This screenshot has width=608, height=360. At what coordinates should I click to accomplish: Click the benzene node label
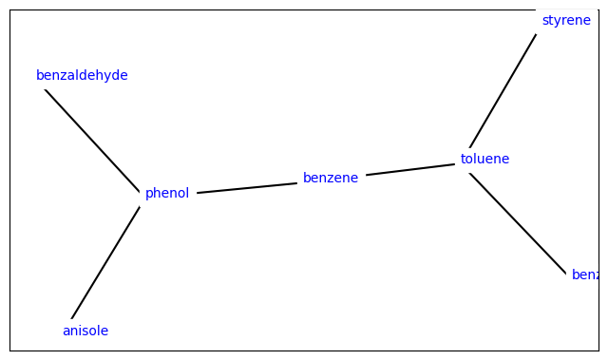331,178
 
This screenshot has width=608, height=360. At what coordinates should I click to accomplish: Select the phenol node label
167,193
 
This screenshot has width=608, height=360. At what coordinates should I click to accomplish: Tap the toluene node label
484,159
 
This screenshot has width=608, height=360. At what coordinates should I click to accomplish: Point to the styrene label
566,20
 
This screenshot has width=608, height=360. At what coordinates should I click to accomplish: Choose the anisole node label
85,331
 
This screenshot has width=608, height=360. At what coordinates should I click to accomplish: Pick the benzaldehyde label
82,75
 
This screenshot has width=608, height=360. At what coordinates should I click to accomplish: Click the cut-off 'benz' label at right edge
584,275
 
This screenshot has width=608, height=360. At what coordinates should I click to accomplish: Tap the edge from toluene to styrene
503,91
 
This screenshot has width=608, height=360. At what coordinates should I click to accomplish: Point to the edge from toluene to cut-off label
518,224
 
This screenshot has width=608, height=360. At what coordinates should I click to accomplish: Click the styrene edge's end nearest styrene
535,36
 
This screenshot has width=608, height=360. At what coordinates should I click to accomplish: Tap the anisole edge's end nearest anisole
72,317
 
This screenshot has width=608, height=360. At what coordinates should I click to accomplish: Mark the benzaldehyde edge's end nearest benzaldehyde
46,89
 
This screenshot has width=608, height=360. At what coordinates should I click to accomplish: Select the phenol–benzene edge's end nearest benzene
295,183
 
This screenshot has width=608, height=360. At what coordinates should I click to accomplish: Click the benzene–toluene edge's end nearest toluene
454,164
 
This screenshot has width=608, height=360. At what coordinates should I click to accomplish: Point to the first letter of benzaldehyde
40,75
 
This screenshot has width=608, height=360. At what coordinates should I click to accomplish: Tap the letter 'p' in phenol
149,194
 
